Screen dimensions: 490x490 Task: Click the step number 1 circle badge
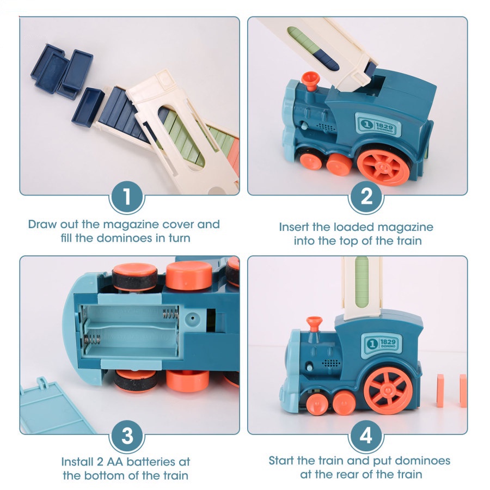tap(127, 197)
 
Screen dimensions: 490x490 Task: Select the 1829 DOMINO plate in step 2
tap(378, 125)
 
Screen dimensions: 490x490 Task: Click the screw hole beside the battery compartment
tap(192, 316)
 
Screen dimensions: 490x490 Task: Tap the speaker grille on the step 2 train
tap(326, 125)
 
